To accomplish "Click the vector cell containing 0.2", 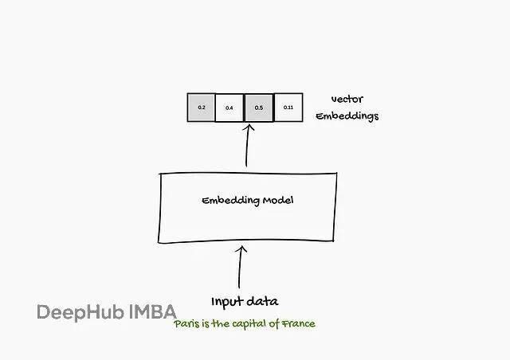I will (201, 108).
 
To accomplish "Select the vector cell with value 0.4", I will (229, 108).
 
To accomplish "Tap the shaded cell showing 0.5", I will (259, 108).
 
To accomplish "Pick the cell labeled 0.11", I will (288, 108).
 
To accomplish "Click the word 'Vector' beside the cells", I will (347, 100).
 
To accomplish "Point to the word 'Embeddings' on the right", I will (347, 116).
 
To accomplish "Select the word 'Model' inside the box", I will (278, 200).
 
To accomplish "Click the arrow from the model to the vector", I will (248, 147).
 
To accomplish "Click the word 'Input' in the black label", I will (226, 302).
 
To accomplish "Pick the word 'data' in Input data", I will (262, 302).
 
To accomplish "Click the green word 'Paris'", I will (188, 323).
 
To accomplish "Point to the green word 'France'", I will (298, 323).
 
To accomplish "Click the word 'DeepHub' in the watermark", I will (80, 311).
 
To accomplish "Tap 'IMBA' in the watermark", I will (153, 311).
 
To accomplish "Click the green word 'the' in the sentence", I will (222, 323).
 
